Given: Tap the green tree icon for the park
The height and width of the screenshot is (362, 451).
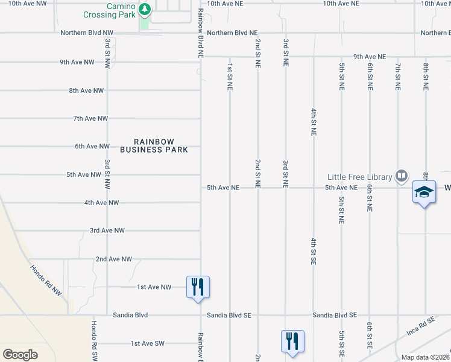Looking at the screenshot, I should click(x=144, y=9).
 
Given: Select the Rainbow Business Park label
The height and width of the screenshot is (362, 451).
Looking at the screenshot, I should click(x=154, y=145).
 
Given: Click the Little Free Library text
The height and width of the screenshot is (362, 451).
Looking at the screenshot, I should click(x=359, y=177).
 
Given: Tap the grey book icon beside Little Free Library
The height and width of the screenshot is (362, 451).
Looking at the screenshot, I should click(x=402, y=176).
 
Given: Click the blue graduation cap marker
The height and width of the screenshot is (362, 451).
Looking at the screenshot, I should click(x=424, y=192).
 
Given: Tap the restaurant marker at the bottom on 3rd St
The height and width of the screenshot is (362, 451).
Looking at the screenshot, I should click(x=292, y=341).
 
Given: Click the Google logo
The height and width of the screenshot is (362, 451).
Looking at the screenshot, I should click(x=20, y=354).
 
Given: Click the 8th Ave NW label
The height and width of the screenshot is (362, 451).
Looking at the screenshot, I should click(x=86, y=91).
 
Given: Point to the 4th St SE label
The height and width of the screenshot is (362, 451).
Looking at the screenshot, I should click(x=314, y=252).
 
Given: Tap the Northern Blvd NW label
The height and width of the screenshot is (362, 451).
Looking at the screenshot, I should click(x=86, y=33).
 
